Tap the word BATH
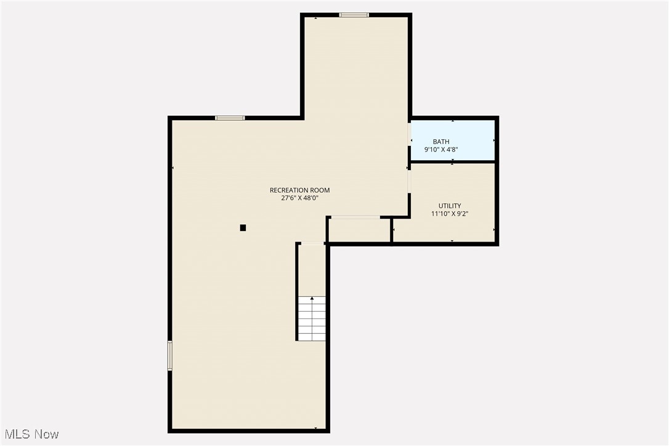tap(441, 142)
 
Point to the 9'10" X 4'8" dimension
tap(441, 150)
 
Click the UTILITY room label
tap(450, 206)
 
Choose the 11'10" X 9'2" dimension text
tap(450, 214)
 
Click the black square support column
tap(243, 228)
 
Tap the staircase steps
tap(312, 319)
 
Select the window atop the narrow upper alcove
tap(354, 15)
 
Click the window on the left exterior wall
tap(170, 356)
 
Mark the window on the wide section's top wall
tap(230, 118)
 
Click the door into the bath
tap(410, 134)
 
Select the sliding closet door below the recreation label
tap(354, 217)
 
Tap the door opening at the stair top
tap(312, 244)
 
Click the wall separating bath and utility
tap(453, 162)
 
